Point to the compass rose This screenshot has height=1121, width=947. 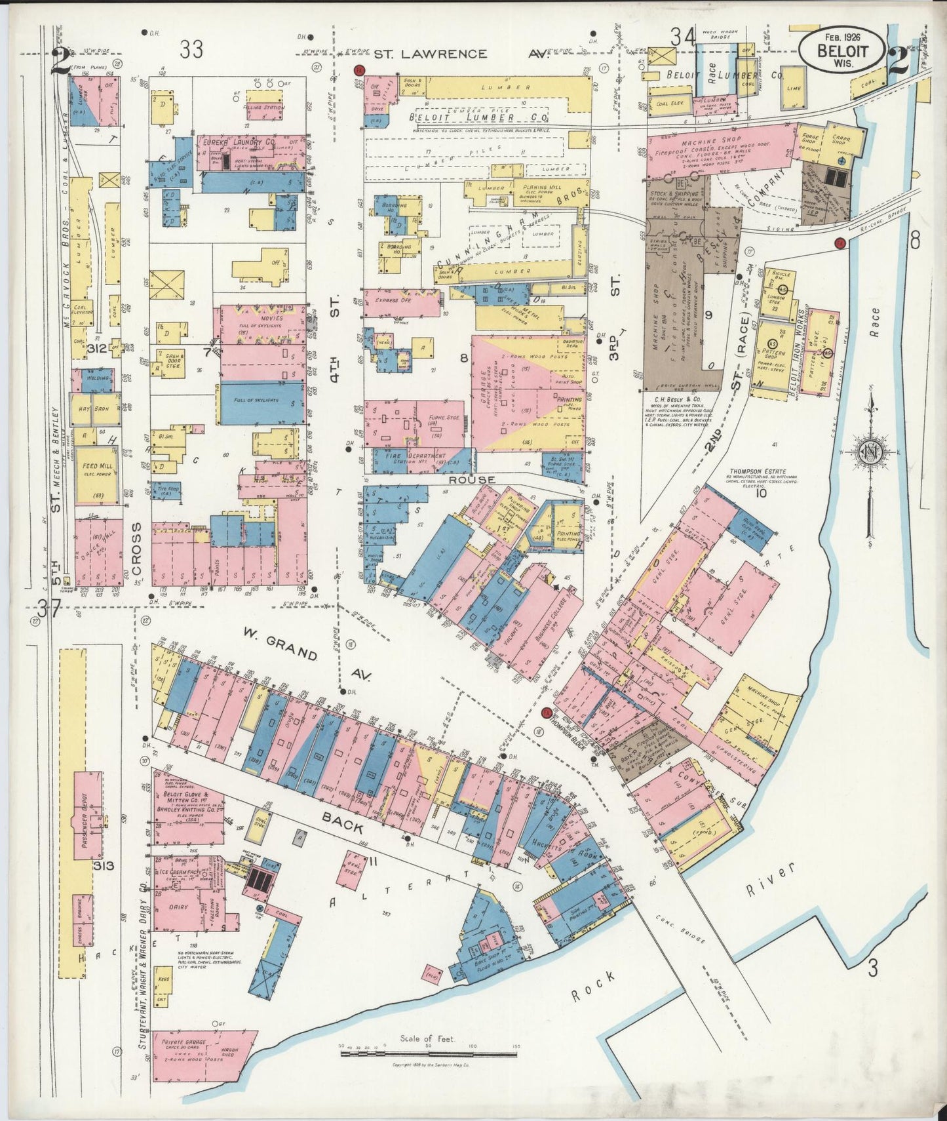click(868, 452)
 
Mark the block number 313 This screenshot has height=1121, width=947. click(103, 865)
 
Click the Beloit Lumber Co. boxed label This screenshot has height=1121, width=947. click(478, 117)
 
